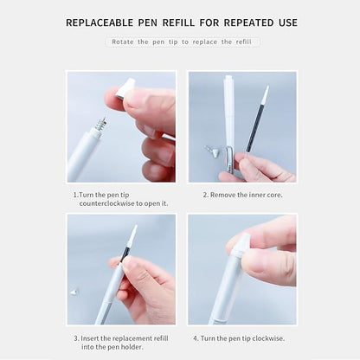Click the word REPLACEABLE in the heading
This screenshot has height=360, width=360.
coord(103,22)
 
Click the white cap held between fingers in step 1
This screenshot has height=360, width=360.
coord(126,87)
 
